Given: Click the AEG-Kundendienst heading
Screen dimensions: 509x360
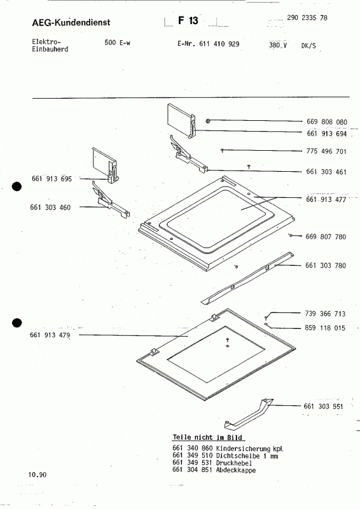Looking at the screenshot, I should point(71,23).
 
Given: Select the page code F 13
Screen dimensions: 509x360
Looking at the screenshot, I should point(188,21).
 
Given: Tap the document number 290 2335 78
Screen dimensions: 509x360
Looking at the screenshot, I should point(307,18).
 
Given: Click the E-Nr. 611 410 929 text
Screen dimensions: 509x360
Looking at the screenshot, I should point(209,45).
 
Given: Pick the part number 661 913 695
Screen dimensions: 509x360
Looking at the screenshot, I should point(52,179).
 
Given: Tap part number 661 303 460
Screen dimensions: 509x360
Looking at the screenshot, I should point(51,207).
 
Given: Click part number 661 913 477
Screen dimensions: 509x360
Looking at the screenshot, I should point(326,200).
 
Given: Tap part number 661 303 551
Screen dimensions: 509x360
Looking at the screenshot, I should point(324,406).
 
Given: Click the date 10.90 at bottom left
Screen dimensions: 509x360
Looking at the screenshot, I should point(37,475).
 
